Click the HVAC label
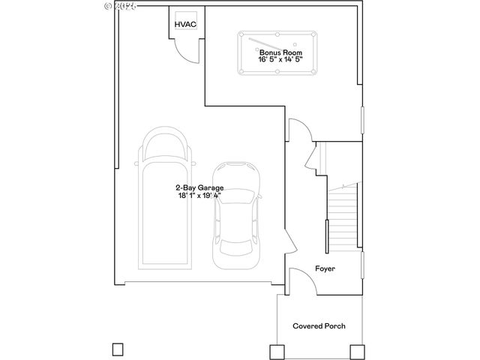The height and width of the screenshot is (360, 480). pos(184,25)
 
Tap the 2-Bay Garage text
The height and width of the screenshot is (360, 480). pos(199,188)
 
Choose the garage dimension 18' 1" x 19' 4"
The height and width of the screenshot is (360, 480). pos(199,196)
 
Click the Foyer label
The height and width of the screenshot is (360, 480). pos(324,268)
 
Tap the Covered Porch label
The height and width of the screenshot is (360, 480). pos(319,326)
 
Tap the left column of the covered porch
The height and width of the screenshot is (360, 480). pos(276,350)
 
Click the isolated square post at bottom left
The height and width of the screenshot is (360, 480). pos(116,349)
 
